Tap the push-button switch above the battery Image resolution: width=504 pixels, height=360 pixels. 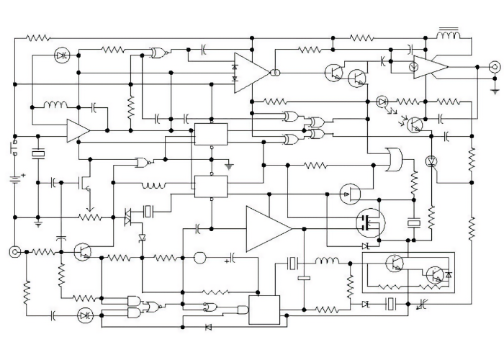pyautogui.click(x=13, y=149)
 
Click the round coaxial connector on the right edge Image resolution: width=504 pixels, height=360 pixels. pyautogui.click(x=494, y=67)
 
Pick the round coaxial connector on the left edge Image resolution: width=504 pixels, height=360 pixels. pyautogui.click(x=14, y=251)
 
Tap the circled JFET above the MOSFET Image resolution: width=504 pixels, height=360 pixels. pyautogui.click(x=349, y=192)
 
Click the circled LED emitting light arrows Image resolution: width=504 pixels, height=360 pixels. pyautogui.click(x=382, y=102)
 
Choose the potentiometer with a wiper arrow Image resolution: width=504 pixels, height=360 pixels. pyautogui.click(x=90, y=215)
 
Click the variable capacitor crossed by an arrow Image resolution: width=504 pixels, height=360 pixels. pyautogui.click(x=423, y=305)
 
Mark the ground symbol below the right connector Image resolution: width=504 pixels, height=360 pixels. pyautogui.click(x=494, y=91)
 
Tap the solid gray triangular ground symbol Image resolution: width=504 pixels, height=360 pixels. pyautogui.click(x=229, y=167)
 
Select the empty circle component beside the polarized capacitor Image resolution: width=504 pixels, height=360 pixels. pyautogui.click(x=201, y=258)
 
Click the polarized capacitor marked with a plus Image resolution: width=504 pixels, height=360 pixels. pyautogui.click(x=233, y=258)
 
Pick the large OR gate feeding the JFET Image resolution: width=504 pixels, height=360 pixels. pyautogui.click(x=394, y=160)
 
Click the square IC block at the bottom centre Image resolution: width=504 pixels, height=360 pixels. pyautogui.click(x=264, y=310)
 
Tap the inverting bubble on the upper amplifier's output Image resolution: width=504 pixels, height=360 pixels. pyautogui.click(x=274, y=73)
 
